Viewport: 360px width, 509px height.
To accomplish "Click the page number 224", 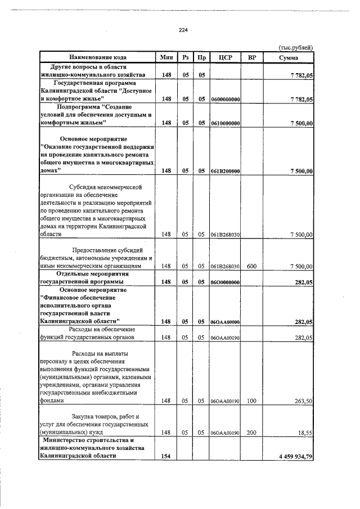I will coord(183,30).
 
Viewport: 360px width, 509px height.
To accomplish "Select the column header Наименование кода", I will coord(98,57).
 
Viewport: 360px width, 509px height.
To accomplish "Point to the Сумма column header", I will coord(288,57).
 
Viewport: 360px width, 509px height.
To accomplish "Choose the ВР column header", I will coord(251,57).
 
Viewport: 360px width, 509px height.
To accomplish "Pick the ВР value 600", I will coord(251,266).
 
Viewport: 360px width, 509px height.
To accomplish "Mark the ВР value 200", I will coord(251,432).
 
